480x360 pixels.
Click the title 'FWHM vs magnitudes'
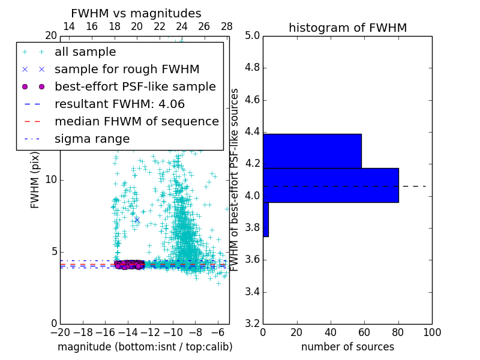tap(136, 14)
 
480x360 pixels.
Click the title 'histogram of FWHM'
tap(347, 28)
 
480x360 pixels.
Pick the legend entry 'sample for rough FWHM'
tap(127, 69)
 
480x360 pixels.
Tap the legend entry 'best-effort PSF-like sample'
tap(135, 86)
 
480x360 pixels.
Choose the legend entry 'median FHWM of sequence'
tap(136, 121)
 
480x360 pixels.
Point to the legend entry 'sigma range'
tap(92, 139)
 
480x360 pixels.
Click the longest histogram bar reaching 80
tap(331, 185)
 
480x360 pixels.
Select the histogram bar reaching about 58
tap(312, 151)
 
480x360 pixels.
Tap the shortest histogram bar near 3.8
tap(265, 219)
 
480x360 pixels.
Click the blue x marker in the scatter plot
tap(137, 220)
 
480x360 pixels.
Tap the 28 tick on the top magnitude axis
tap(226, 26)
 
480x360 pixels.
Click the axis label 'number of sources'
tap(347, 347)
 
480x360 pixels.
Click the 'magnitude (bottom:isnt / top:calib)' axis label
tap(145, 347)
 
